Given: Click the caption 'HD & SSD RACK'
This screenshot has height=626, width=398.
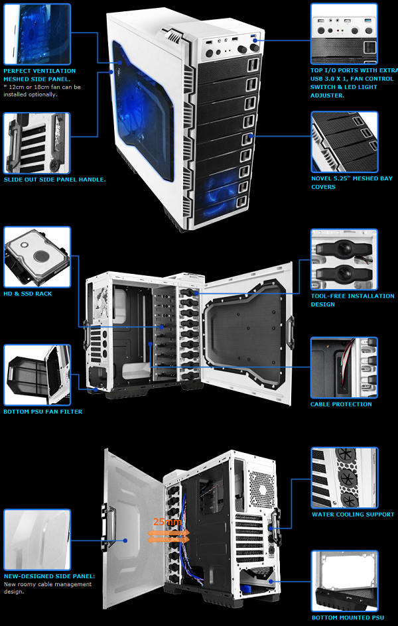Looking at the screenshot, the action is [28, 294].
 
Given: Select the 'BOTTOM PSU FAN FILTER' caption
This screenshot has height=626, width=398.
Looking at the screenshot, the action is [42, 412].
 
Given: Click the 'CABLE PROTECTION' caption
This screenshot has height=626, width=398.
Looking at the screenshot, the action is [341, 405].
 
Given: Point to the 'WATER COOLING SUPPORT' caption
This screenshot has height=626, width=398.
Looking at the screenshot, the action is [353, 515].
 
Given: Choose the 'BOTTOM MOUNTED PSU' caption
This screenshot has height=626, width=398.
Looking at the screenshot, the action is [348, 617].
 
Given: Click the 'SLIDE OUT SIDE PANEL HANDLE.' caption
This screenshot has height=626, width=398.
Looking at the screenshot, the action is [54, 180].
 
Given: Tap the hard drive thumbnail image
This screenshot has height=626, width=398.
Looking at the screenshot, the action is [37, 257].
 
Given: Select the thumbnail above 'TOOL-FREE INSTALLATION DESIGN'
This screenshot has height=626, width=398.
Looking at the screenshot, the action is [344, 259].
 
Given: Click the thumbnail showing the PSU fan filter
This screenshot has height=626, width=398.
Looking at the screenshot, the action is [37, 375].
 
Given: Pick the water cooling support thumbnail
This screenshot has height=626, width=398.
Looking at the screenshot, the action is [344, 478].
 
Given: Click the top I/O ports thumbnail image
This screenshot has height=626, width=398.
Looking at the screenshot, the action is [344, 34].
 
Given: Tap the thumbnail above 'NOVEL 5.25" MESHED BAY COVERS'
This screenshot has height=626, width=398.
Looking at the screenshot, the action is [344, 142].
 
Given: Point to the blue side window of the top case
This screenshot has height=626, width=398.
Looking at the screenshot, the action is [144, 112].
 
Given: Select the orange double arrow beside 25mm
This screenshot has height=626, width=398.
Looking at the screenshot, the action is [168, 536].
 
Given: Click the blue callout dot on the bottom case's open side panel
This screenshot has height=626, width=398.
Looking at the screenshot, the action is [125, 540].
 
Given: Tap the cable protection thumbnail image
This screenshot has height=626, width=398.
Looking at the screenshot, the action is [344, 367].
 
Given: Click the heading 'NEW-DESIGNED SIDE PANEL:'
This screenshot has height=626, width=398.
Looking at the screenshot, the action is [50, 576].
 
